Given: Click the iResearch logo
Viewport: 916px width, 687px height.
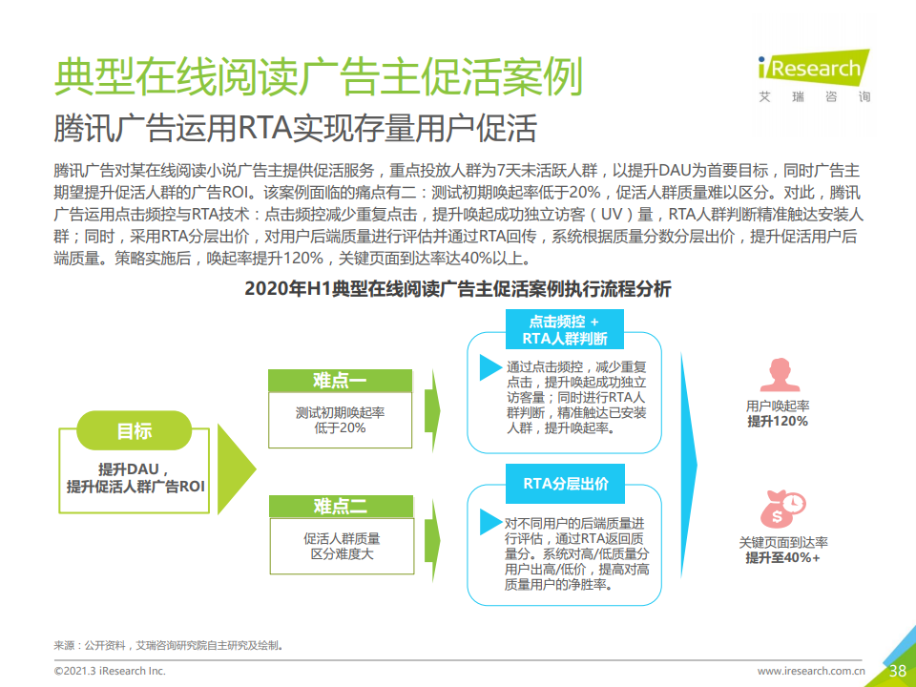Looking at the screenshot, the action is (814, 76).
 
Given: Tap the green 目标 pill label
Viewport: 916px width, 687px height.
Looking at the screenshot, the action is (135, 430).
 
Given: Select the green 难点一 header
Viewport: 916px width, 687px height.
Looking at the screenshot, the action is (340, 381).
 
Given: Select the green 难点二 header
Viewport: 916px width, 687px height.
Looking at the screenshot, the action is (342, 506).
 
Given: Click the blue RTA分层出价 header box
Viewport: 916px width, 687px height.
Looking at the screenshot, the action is (565, 484).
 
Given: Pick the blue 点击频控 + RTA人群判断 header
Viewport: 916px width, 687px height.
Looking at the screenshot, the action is (564, 329).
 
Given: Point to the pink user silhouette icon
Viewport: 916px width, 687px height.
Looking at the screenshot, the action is (780, 374).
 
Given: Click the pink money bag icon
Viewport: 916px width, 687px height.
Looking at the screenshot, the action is (782, 509).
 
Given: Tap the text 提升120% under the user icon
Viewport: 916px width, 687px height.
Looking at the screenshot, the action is (778, 421).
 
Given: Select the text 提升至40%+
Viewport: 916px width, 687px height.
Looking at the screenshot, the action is (782, 558).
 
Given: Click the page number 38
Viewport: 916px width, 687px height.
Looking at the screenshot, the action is (897, 671).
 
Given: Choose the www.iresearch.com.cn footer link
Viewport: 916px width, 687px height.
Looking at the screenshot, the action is (811, 671).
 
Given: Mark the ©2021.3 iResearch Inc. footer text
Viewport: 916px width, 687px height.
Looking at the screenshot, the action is (110, 671).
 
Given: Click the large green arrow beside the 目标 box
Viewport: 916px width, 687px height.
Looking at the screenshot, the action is (237, 468).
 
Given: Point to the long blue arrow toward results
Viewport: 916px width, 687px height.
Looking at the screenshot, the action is (689, 466).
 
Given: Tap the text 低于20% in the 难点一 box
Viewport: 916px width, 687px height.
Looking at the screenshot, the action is (340, 428).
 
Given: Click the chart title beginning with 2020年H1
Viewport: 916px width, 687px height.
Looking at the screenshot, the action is (457, 288).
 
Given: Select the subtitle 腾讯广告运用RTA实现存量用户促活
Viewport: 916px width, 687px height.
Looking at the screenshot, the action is (295, 129).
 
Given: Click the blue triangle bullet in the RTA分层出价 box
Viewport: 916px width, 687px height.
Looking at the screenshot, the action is (490, 522).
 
